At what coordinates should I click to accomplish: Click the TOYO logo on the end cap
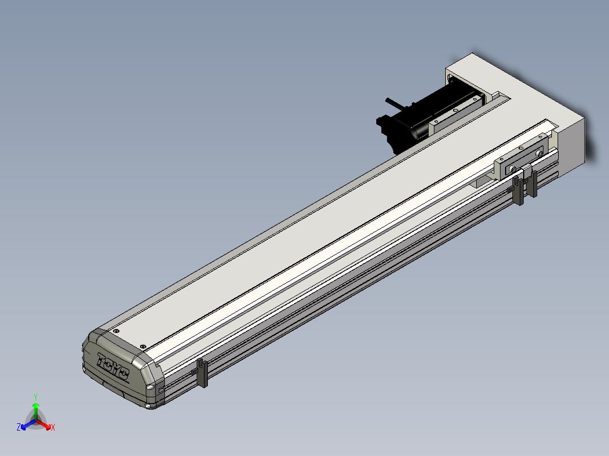click(113, 366)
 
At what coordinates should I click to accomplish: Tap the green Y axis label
click(36, 397)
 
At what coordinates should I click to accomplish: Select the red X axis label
click(53, 427)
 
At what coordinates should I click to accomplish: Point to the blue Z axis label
click(19, 427)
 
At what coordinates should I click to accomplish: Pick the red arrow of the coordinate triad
click(43, 424)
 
